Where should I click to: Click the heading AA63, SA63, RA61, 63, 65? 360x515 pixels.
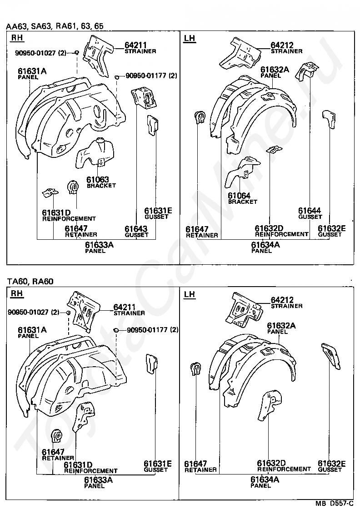click(55, 26)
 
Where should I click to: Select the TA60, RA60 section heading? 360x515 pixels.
click(30, 282)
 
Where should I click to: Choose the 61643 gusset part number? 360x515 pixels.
click(136, 229)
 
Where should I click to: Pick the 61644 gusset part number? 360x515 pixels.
click(310, 211)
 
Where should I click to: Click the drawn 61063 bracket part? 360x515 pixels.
click(96, 152)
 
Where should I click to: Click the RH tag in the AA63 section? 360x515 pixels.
click(17, 39)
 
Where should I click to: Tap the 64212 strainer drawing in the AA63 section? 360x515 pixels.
click(240, 52)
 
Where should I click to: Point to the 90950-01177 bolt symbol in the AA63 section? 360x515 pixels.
click(117, 76)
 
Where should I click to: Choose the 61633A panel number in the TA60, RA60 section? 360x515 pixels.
click(98, 480)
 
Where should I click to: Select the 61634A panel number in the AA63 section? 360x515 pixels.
click(265, 245)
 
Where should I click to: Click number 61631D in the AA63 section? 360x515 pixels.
click(56, 212)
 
